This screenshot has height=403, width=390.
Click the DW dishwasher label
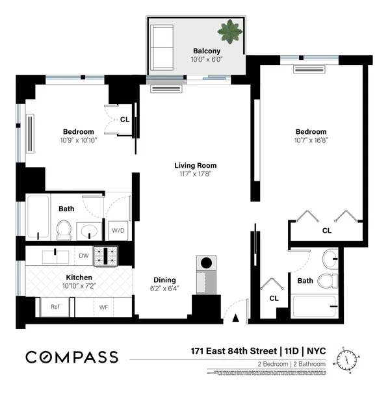click(84, 255)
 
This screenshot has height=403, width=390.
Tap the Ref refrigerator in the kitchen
click(55, 307)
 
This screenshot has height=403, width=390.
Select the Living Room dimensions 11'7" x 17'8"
click(195, 174)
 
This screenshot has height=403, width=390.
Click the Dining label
click(164, 280)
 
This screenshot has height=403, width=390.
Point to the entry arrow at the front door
click(235, 317)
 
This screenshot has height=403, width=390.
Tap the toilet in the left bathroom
click(64, 230)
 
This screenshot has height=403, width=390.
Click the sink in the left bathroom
click(89, 230)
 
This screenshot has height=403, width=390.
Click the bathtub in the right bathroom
click(314, 305)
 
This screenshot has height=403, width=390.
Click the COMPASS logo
click(71, 357)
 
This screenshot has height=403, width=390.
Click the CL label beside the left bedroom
click(124, 119)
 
